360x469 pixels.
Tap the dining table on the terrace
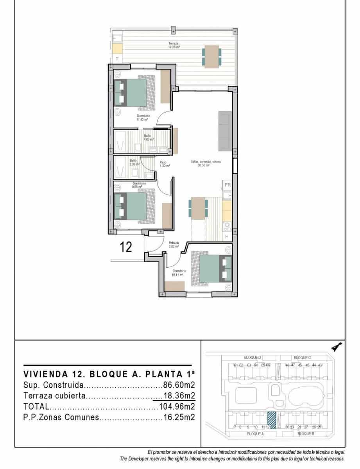(211, 56)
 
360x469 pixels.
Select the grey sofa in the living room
(225, 131)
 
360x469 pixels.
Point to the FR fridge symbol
(227, 185)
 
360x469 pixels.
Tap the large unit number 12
(126, 247)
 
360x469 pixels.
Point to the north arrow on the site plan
(336, 346)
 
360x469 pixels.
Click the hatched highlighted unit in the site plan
(271, 421)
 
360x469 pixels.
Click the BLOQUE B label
(306, 434)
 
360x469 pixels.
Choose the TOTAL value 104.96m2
(177, 406)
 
